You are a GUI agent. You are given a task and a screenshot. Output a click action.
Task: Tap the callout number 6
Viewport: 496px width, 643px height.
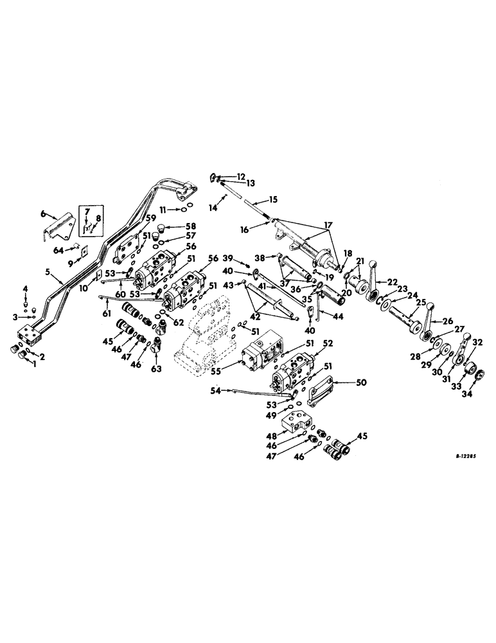click(x=44, y=213)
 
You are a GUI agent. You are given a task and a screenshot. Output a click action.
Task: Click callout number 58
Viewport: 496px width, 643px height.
click(x=190, y=226)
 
